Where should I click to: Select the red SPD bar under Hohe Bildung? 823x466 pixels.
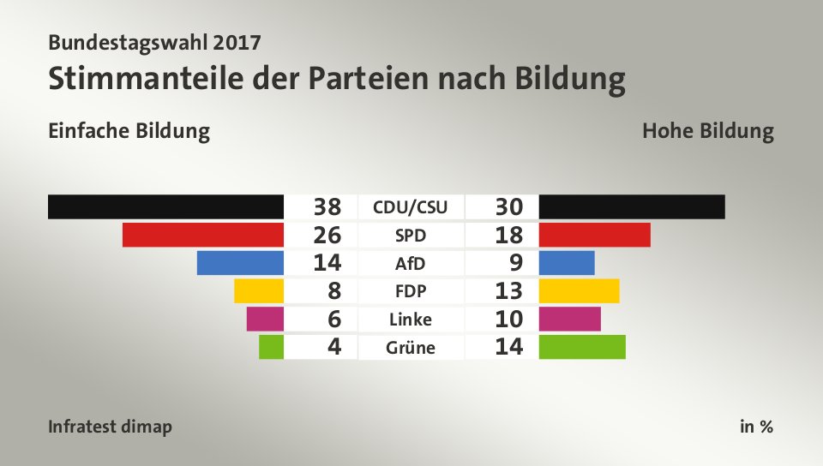tap(594, 235)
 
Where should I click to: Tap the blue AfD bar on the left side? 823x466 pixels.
tap(240, 263)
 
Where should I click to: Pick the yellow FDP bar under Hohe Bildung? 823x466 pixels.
tap(579, 291)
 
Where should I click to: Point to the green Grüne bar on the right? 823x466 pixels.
tap(582, 347)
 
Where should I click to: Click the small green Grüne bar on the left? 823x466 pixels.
tap(271, 347)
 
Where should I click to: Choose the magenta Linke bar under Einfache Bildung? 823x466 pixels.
tap(264, 319)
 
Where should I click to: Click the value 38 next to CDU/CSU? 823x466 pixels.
tap(327, 206)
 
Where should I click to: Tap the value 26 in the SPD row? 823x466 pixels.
tap(327, 235)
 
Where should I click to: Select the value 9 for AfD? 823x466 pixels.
tap(515, 263)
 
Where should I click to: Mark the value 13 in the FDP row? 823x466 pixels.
tap(509, 291)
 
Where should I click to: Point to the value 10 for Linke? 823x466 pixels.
tap(509, 319)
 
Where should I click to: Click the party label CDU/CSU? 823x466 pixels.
tap(411, 206)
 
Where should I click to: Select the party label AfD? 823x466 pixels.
tap(411, 263)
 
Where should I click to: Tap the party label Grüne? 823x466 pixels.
tap(411, 348)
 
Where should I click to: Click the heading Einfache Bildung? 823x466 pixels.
tap(129, 132)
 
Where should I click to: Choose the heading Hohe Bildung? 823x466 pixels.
tap(707, 132)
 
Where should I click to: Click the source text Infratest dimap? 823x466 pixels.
tap(110, 427)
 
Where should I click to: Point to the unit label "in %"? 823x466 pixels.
tap(756, 427)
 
